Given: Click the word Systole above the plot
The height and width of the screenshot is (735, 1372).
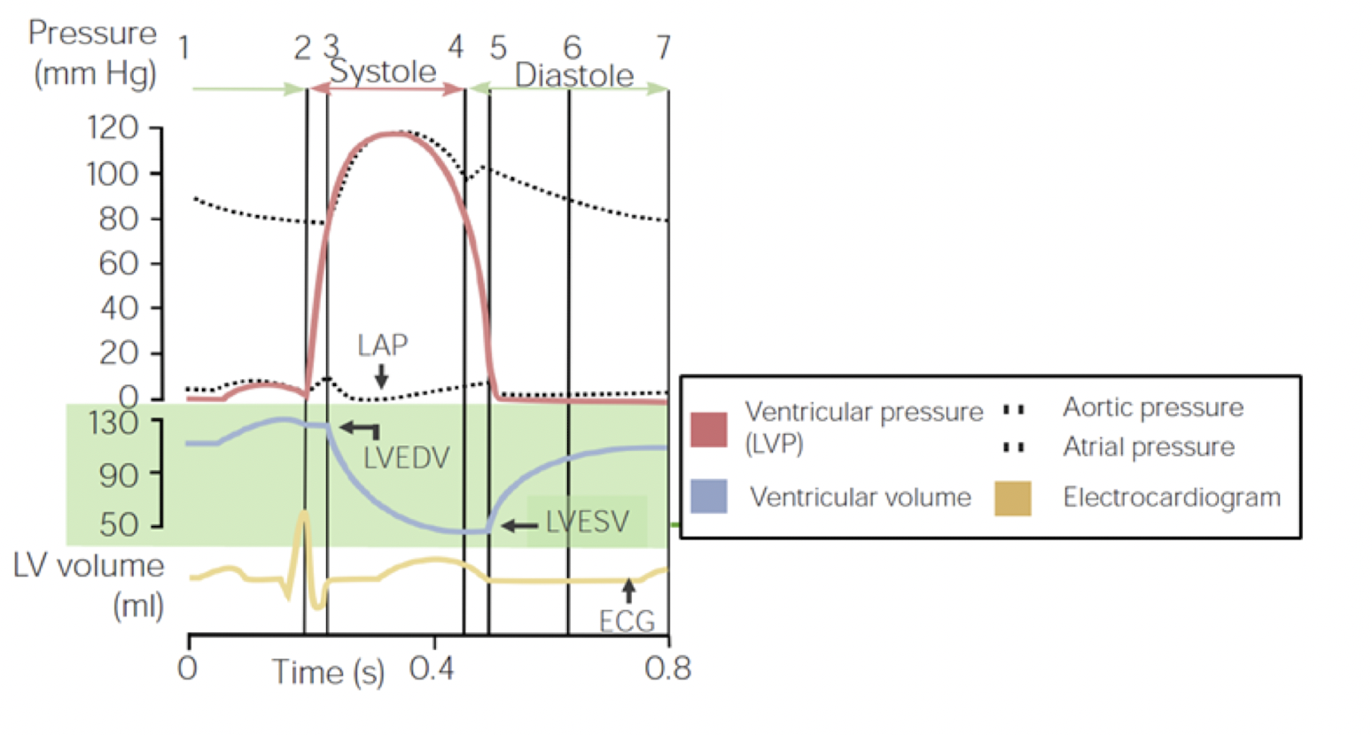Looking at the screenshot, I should [x=383, y=72].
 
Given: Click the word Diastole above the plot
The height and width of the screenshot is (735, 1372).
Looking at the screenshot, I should [x=573, y=75].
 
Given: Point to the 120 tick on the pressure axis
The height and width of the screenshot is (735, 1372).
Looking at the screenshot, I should [x=113, y=128].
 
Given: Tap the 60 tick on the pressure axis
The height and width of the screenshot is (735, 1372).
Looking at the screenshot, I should [x=119, y=263].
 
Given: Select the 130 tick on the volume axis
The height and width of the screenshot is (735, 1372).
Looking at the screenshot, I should [x=113, y=422].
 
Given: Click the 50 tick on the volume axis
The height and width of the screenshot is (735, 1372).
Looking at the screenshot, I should [x=119, y=525].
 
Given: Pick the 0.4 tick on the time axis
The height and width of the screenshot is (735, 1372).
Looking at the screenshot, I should [x=433, y=668].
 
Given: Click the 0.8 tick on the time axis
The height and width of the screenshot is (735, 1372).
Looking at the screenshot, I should [x=667, y=668].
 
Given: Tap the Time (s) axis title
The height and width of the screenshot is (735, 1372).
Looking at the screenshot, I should [x=328, y=672].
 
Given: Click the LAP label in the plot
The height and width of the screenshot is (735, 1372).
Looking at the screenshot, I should [x=382, y=344].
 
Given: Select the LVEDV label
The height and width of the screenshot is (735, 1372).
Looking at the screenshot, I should [x=407, y=458].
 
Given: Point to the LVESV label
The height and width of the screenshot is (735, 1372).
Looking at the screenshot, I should [x=587, y=522].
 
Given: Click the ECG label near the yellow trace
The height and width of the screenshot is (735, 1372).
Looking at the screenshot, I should [x=627, y=621].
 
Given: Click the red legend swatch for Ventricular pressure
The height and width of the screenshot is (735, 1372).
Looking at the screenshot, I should [x=709, y=429].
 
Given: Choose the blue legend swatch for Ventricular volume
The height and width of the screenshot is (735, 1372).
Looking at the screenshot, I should [x=709, y=497].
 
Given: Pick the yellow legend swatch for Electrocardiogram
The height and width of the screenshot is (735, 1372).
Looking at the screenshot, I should [x=1013, y=498].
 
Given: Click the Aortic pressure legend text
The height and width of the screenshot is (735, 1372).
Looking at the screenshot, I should [x=1152, y=407].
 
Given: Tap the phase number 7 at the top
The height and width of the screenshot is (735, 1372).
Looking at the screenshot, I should [x=663, y=47].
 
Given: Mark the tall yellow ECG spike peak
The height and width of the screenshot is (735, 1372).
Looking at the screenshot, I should [x=305, y=514].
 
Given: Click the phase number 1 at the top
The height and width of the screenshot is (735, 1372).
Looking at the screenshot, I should [x=183, y=47].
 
